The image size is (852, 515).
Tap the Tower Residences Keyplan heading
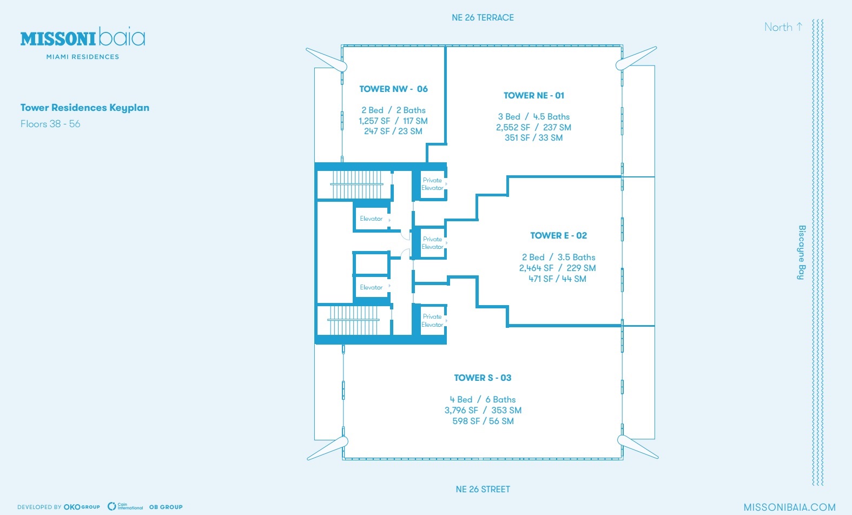85,108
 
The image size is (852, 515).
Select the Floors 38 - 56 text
50,124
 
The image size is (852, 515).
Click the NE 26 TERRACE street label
483,18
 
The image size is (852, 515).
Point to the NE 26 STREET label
483,489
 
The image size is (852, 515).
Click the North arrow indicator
783,27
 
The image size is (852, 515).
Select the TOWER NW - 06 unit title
393,89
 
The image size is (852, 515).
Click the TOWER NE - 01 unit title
533,95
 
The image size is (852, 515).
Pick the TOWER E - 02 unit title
558,235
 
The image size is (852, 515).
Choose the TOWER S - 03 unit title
483,378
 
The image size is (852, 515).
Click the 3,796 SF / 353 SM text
483,410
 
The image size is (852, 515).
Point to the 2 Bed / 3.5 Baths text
558,257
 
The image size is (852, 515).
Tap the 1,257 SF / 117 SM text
393,121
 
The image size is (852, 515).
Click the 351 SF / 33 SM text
533,138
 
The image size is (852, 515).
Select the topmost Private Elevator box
432,184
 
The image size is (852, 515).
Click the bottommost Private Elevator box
432,320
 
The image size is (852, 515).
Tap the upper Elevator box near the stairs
371,219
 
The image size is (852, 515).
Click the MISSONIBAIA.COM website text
789,507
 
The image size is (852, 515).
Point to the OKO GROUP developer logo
82,507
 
